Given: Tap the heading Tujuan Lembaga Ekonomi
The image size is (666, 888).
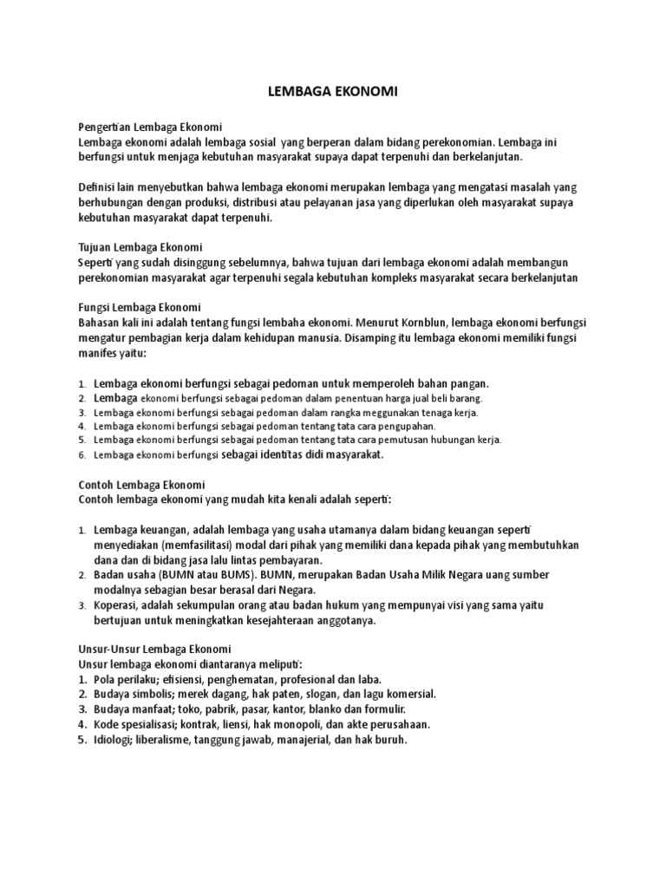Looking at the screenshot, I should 140,246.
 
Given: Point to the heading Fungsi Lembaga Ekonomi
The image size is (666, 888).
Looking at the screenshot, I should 140,307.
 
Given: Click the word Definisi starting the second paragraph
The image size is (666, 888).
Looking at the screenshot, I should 98,187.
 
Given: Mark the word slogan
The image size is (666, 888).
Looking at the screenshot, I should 334,694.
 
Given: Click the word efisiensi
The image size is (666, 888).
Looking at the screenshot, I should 190,679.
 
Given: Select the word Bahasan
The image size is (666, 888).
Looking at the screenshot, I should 100,323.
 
